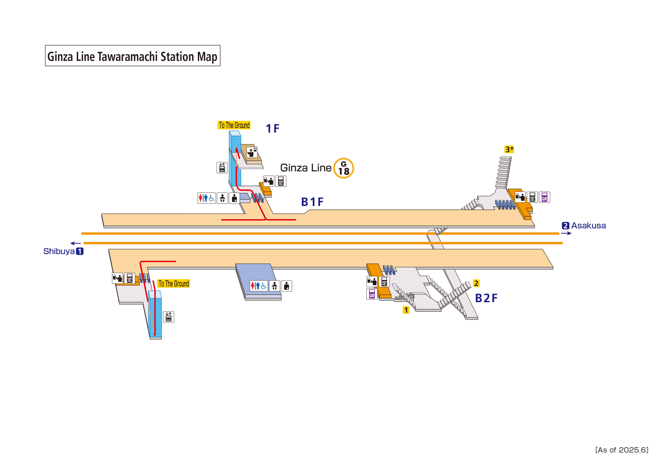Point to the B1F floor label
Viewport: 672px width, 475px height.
coord(312,202)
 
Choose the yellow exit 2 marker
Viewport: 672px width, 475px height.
coord(476,283)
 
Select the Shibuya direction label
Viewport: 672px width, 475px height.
coord(59,251)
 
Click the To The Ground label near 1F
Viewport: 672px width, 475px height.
coord(234,125)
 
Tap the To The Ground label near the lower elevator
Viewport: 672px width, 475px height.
coord(174,284)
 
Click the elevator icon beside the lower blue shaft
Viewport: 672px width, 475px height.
coord(168,317)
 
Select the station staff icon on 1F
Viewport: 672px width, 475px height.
coord(252,152)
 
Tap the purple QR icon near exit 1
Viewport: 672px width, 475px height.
coord(372,294)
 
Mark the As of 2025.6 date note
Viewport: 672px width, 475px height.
coord(622,450)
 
